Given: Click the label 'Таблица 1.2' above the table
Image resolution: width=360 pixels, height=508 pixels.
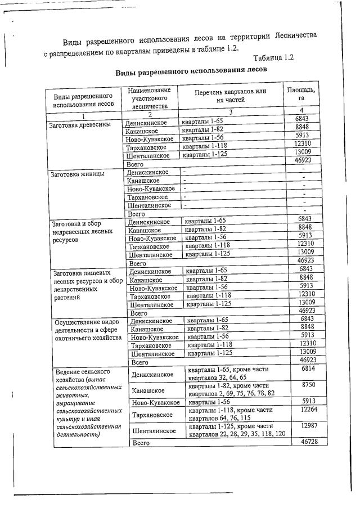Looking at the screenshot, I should (273, 58).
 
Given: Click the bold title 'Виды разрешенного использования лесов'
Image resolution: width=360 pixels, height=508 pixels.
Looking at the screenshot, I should (191, 72).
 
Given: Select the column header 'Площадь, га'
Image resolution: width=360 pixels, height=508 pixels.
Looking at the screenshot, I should (301, 93).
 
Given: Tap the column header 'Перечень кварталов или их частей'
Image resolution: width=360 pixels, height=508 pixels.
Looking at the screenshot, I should (231, 95).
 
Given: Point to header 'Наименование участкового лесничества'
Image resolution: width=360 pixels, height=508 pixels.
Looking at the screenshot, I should (149, 98).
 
